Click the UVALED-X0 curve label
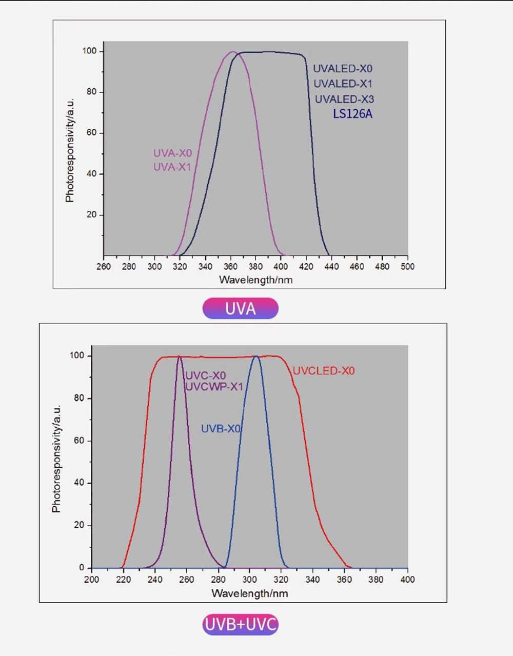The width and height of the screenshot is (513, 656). [x=343, y=69]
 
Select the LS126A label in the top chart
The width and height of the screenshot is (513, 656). [x=352, y=114]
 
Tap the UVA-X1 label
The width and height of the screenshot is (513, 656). [x=172, y=167]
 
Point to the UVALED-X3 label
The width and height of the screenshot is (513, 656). [x=344, y=99]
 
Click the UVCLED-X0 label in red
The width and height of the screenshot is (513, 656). [x=323, y=371]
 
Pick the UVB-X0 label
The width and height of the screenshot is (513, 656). [x=221, y=429]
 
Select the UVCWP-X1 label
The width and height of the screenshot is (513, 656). [x=214, y=387]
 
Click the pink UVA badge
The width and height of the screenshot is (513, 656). [x=240, y=309]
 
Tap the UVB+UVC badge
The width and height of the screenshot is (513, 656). [x=240, y=625]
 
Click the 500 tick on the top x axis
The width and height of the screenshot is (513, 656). [x=407, y=267]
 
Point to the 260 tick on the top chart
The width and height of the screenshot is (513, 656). [x=104, y=267]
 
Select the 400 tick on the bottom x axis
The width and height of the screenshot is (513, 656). [x=407, y=580]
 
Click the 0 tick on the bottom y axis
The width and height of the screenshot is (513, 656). [x=82, y=568]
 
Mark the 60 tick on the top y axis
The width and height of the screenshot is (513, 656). [x=91, y=133]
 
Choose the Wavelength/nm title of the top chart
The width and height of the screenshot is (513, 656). [x=255, y=280]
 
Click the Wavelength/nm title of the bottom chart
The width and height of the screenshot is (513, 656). [x=249, y=593]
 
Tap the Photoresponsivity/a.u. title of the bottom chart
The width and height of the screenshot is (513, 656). [x=56, y=459]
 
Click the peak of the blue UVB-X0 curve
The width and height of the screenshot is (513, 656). [x=256, y=356]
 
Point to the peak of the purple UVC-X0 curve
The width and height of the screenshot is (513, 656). [x=179, y=356]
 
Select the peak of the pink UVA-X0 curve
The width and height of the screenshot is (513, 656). [x=232, y=52]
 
